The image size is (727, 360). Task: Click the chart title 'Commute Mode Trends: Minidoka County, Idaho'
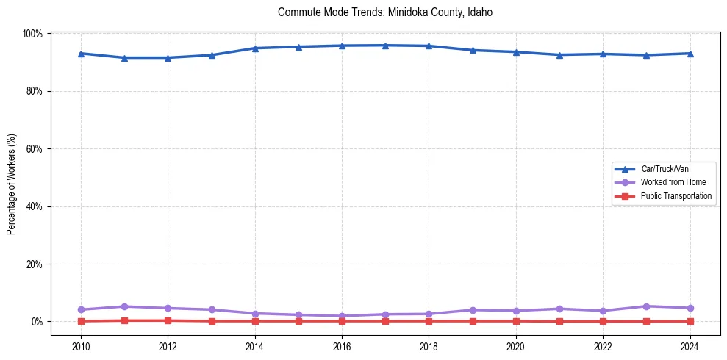[x=385, y=12]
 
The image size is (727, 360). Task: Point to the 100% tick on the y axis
[x=33, y=34]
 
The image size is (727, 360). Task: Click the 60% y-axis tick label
[x=35, y=149]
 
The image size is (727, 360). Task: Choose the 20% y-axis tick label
[x=35, y=264]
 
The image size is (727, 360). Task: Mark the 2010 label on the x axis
[x=81, y=346]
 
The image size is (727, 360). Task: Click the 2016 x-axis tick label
[x=342, y=346]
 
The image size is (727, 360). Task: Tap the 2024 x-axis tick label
[x=690, y=346]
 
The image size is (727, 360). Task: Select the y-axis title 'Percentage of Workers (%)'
[x=12, y=184]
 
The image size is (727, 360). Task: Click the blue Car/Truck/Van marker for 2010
[x=81, y=54]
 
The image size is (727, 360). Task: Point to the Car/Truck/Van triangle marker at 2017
[x=385, y=46]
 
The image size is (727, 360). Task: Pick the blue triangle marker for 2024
[x=690, y=54]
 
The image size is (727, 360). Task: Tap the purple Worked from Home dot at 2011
[x=124, y=306]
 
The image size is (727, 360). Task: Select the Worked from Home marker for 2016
[x=342, y=316]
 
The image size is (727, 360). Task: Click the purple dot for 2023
[x=646, y=306]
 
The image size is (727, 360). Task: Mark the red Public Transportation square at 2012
[x=168, y=320]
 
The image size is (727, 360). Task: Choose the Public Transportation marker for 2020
[x=516, y=321]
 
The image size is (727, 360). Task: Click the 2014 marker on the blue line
[x=255, y=48]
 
